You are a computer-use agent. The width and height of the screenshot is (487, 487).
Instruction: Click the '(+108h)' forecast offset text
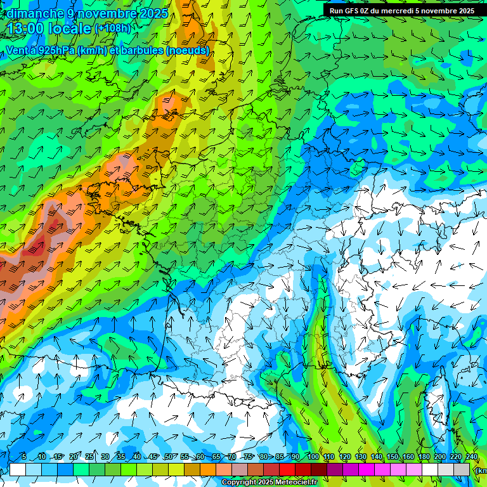[112, 29]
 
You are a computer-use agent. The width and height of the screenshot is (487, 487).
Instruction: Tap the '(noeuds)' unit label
[187, 50]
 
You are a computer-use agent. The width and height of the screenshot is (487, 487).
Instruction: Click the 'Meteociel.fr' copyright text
[287, 483]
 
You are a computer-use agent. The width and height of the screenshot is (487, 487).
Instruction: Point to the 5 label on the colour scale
[23, 457]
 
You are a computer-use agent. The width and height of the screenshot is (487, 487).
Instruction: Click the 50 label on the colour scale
[168, 457]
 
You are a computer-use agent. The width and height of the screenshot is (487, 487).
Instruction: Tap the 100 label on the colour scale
[313, 457]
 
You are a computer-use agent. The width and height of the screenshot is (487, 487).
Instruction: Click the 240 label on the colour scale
[471, 457]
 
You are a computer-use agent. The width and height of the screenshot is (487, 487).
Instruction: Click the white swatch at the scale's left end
[17, 469]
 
